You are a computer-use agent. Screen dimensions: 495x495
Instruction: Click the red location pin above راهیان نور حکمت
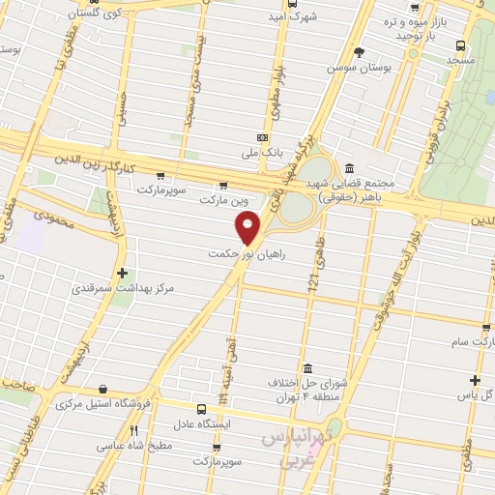click(247, 228)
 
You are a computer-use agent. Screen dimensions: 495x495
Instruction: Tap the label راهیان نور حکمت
click(247, 254)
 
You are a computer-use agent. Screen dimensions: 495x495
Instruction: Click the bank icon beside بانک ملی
click(261, 138)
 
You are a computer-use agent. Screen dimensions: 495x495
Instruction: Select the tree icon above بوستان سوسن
click(359, 52)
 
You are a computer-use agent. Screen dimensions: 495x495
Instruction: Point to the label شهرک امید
click(318, 17)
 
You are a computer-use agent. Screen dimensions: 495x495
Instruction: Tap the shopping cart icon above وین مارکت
click(223, 186)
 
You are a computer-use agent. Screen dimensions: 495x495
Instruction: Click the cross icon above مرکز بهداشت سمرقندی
click(121, 274)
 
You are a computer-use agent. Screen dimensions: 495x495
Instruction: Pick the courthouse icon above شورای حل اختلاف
click(306, 369)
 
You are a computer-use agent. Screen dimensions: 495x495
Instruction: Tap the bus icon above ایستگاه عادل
click(201, 410)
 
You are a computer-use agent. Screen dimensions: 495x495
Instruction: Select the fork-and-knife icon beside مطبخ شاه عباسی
click(134, 431)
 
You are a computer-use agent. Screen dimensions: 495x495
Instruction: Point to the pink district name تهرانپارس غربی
click(295, 450)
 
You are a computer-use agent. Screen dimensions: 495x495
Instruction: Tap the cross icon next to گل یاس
click(475, 381)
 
